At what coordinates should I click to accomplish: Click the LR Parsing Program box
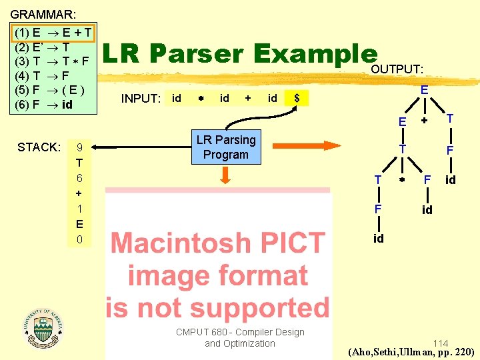click(x=225, y=147)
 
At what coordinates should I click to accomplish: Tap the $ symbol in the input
click(x=297, y=99)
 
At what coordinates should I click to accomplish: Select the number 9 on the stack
click(x=80, y=147)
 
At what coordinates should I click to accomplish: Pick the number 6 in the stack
click(x=79, y=178)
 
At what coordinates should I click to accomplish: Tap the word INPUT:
click(x=141, y=99)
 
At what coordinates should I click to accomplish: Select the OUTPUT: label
click(x=397, y=69)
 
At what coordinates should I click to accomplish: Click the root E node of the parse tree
click(x=424, y=89)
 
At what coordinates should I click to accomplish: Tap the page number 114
click(x=440, y=343)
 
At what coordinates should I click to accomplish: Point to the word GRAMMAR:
click(x=43, y=13)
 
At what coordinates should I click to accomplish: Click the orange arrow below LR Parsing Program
click(x=225, y=175)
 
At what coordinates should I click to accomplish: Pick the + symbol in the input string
click(x=248, y=99)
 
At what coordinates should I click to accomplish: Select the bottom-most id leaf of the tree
click(x=378, y=239)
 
